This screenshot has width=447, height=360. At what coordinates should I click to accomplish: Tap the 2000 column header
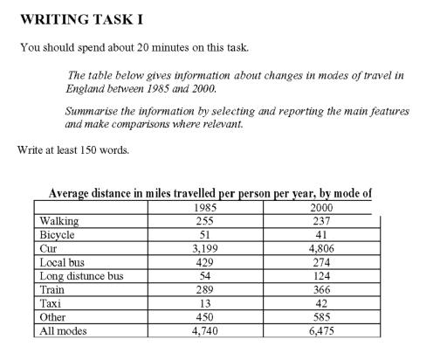[x=321, y=207]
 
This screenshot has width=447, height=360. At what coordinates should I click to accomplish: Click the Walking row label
[x=58, y=221]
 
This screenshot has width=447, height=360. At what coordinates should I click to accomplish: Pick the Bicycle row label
[x=58, y=234]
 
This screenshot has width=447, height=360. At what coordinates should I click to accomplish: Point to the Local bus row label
[x=62, y=261]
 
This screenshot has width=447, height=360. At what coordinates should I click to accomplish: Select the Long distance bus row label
[x=81, y=275]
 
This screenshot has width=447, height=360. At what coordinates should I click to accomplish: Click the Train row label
[x=52, y=289]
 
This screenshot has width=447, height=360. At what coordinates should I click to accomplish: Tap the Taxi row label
[x=50, y=303]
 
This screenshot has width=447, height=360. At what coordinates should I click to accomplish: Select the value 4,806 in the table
[x=321, y=248]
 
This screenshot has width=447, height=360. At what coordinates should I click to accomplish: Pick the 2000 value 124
[x=321, y=275]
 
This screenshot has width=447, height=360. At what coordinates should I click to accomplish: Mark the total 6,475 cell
[x=321, y=331]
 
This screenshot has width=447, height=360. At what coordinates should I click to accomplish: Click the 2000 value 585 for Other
[x=321, y=317]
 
